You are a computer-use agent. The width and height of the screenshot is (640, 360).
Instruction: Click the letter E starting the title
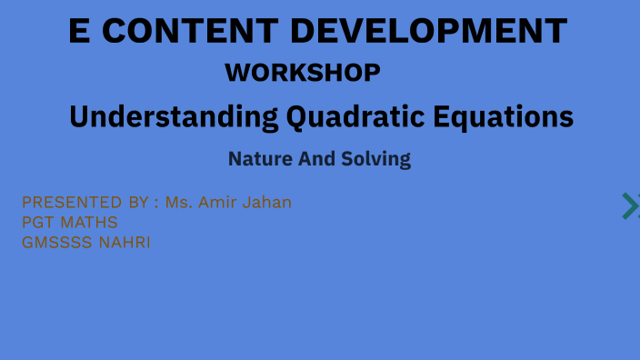[x=80, y=32]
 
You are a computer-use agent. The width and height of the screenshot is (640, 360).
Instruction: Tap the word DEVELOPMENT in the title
[x=428, y=32]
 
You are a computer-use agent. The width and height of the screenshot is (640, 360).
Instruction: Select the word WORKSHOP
[x=303, y=72]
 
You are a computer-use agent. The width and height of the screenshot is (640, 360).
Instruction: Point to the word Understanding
[x=174, y=117]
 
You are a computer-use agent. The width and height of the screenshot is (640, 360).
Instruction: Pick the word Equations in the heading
[x=507, y=117]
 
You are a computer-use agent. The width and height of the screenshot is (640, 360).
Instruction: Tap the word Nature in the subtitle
[x=260, y=159]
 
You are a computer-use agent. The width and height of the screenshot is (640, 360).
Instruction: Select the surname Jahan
[x=270, y=202]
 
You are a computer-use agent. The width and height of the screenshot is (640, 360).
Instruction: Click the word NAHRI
[x=125, y=243]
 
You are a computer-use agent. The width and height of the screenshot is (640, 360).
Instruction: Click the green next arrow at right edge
[x=630, y=206]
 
